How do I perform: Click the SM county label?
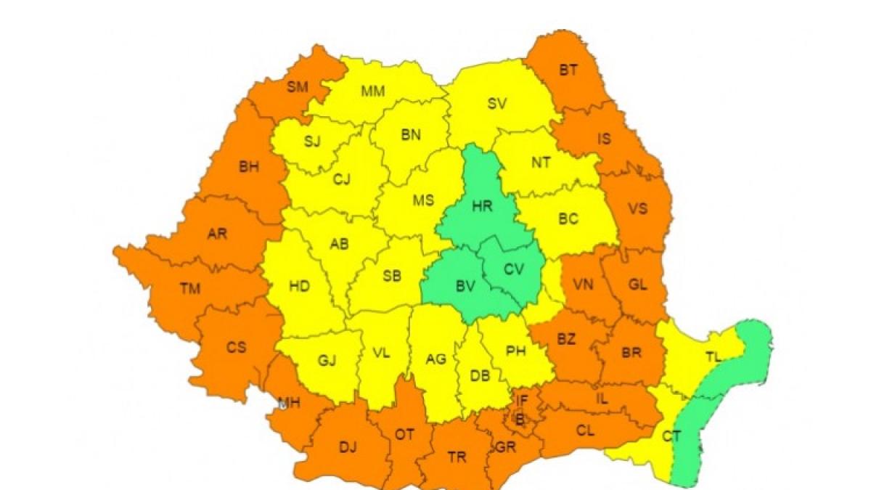(x=298, y=88)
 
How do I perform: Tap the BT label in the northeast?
(x=568, y=70)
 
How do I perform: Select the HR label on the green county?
(x=482, y=206)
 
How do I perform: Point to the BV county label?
(x=465, y=287)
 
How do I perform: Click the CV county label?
(x=514, y=270)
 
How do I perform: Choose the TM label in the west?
(x=189, y=290)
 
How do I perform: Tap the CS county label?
(x=237, y=348)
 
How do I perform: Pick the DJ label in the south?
(x=348, y=447)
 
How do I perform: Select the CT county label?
(x=671, y=436)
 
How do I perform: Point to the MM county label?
(x=373, y=91)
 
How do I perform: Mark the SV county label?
(x=496, y=104)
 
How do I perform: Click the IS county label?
(x=605, y=139)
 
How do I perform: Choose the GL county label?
(x=637, y=285)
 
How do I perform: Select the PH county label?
(x=515, y=352)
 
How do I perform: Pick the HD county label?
(x=299, y=287)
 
